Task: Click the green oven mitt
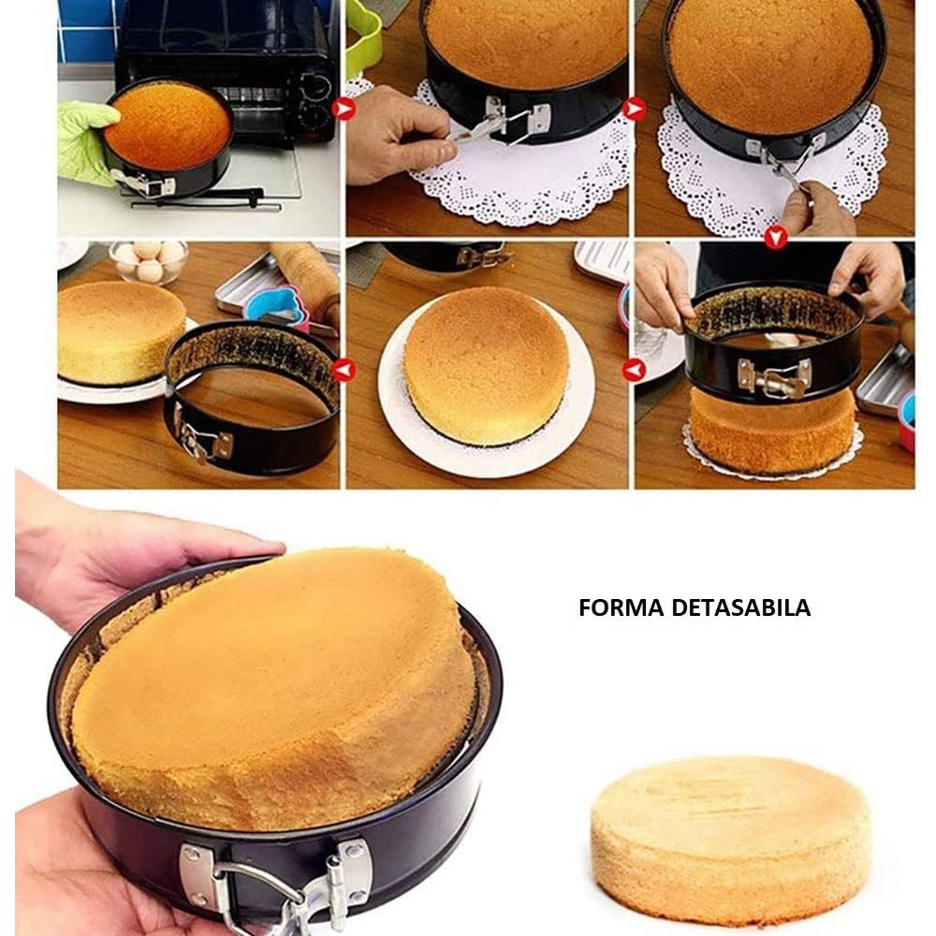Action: point(84,140)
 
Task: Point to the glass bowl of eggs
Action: point(149,261)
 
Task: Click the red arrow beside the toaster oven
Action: point(346,110)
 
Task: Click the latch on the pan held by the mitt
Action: point(150,183)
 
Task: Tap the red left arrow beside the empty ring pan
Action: point(344,370)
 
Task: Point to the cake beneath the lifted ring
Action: point(772,431)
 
